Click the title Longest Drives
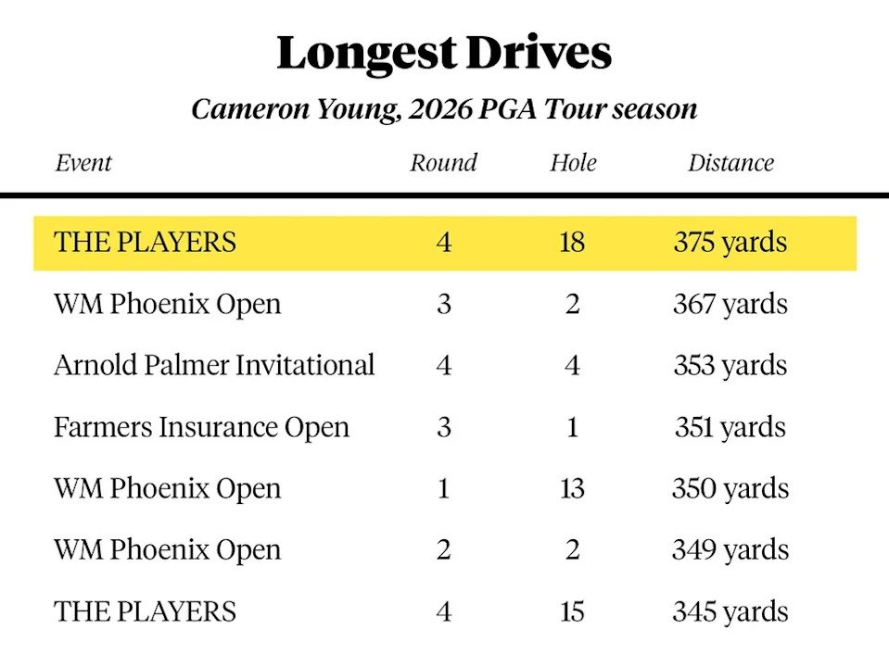[444, 54]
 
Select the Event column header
[83, 163]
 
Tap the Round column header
[443, 163]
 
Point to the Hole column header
[573, 163]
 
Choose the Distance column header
[730, 163]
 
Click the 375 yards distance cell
[730, 243]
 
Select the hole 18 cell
[572, 243]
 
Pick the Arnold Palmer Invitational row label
[214, 365]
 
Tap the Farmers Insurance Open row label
[201, 427]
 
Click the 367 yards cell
[730, 304]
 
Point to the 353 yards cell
[730, 365]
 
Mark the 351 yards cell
[730, 427]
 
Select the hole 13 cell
[572, 488]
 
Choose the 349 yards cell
[730, 549]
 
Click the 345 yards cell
[730, 611]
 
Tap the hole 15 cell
[572, 611]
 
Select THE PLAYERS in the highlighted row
[146, 243]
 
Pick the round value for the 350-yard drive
[444, 488]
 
